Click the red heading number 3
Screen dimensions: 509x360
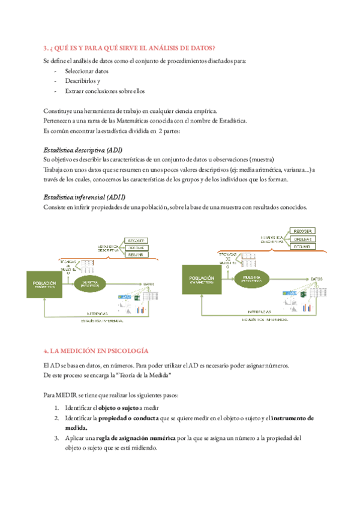coord(46,48)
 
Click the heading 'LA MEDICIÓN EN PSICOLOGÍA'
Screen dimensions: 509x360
coord(99,351)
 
